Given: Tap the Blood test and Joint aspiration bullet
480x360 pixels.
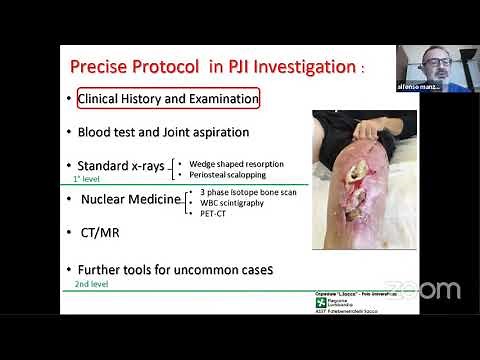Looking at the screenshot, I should (163, 131).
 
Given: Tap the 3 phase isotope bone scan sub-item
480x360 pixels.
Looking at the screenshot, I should (246, 191).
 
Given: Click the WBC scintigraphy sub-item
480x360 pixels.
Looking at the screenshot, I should (235, 202).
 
